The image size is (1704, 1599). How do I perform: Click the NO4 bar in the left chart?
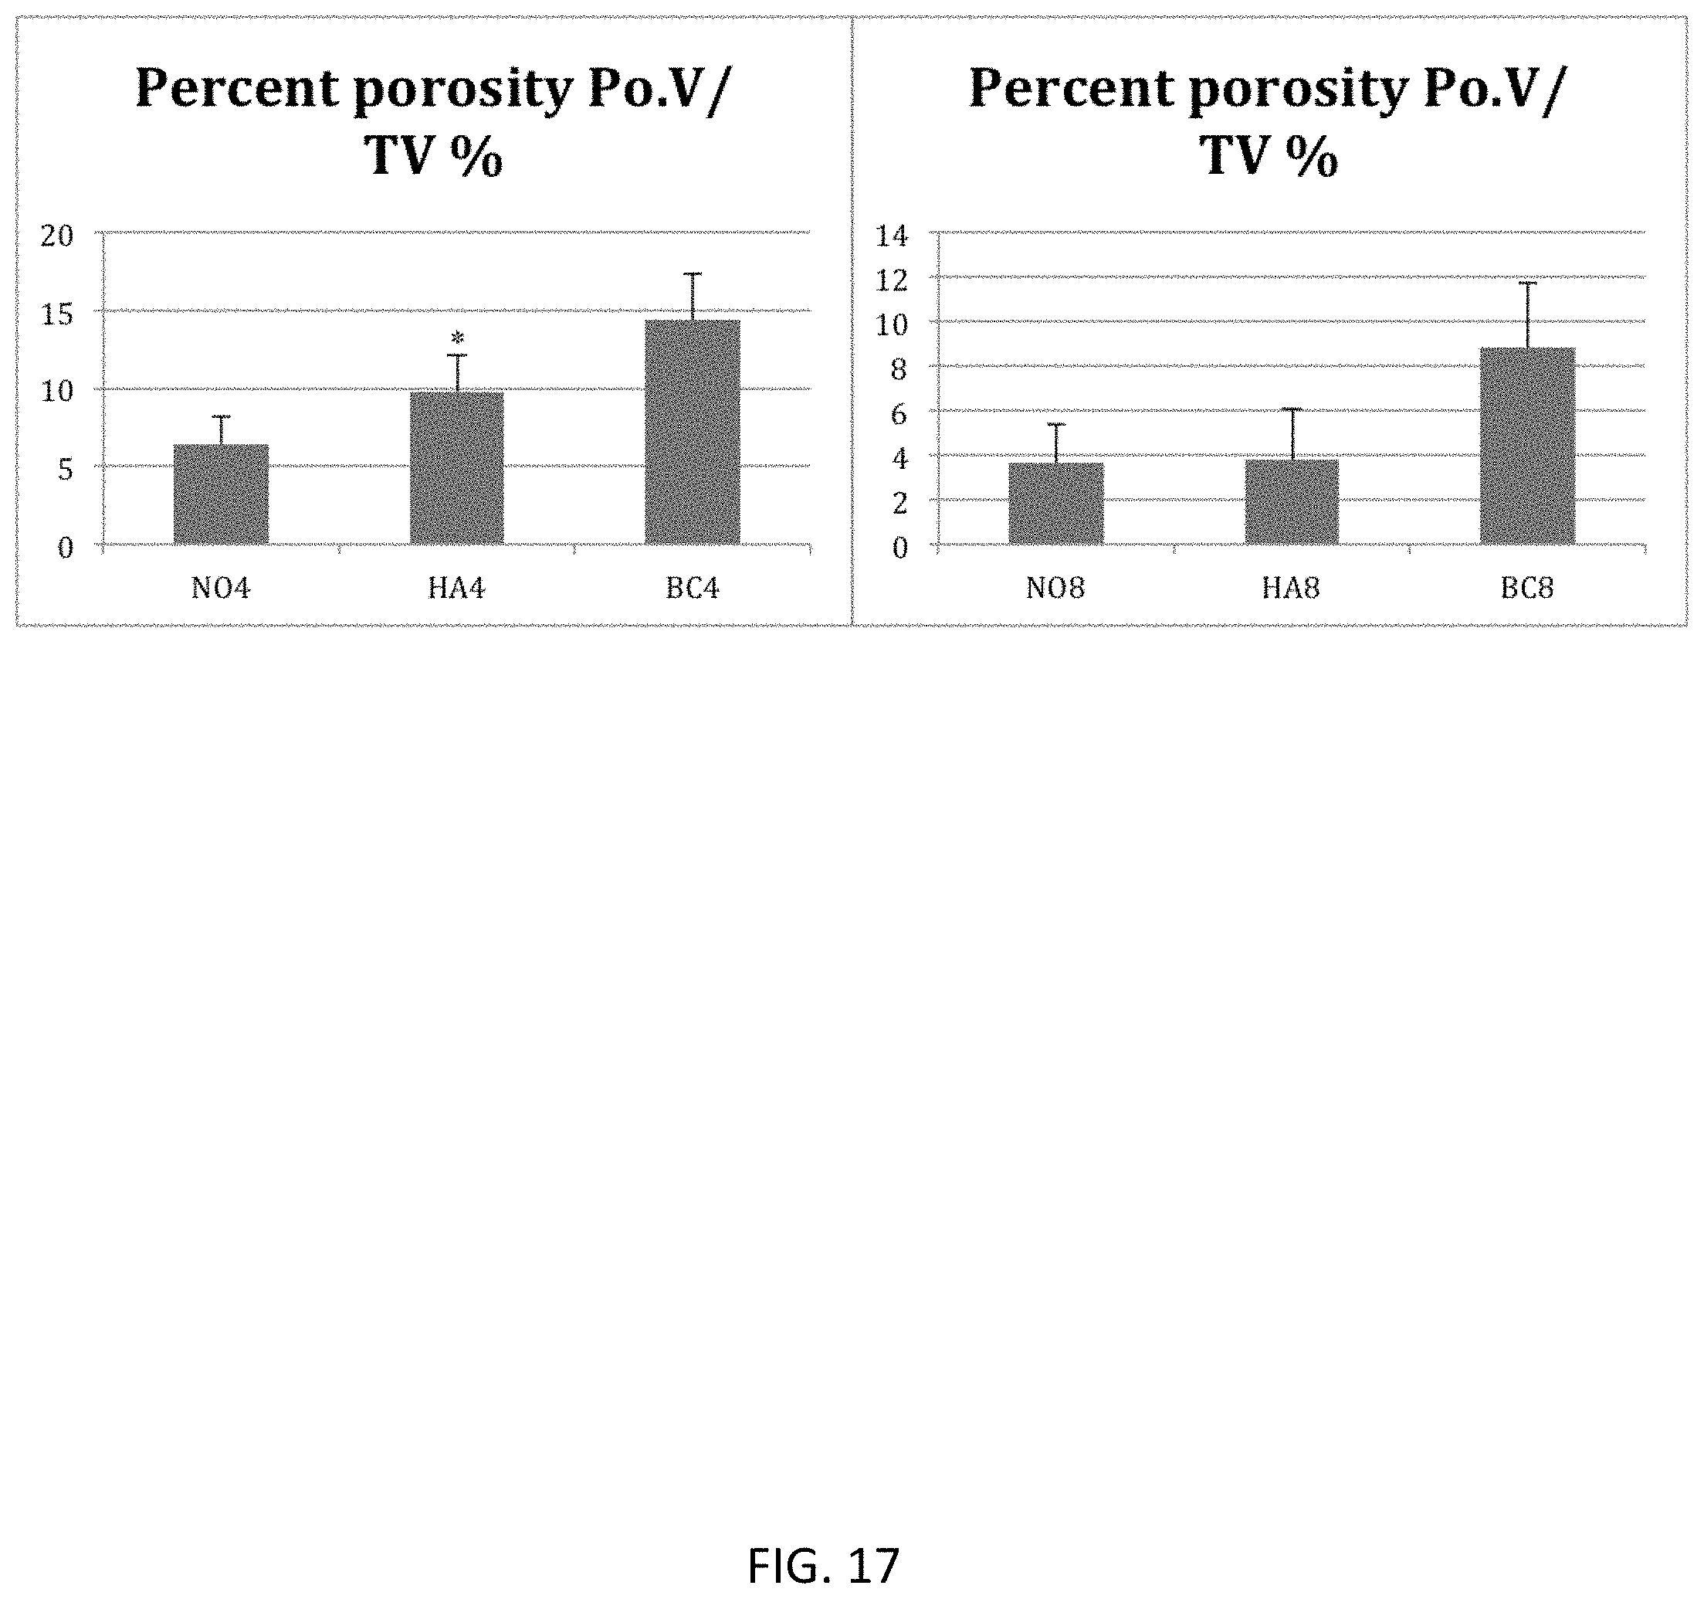pos(221,494)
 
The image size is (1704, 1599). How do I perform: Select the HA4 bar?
pos(457,468)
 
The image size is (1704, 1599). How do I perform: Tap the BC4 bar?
pos(693,432)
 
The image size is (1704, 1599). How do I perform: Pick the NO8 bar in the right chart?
pos(1056,504)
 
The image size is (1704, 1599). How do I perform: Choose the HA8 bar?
pos(1292,501)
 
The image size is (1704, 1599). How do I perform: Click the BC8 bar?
pos(1527,446)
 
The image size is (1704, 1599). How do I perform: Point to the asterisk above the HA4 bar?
pos(458,338)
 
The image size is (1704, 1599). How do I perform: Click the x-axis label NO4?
pos(221,588)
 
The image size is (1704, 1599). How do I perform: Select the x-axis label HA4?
pos(457,588)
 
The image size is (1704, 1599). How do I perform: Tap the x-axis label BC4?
pos(693,588)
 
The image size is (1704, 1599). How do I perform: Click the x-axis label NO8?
pos(1056,588)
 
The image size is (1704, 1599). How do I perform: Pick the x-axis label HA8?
pos(1292,588)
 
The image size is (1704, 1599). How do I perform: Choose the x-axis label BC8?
pos(1527,588)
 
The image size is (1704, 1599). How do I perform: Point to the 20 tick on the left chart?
pos(57,236)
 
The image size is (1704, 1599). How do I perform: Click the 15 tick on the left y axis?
pos(57,314)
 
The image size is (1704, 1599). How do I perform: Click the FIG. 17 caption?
pos(824,1566)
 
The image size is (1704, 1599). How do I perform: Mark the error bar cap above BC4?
pos(693,273)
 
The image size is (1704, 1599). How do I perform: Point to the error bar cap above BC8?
pos(1527,283)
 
